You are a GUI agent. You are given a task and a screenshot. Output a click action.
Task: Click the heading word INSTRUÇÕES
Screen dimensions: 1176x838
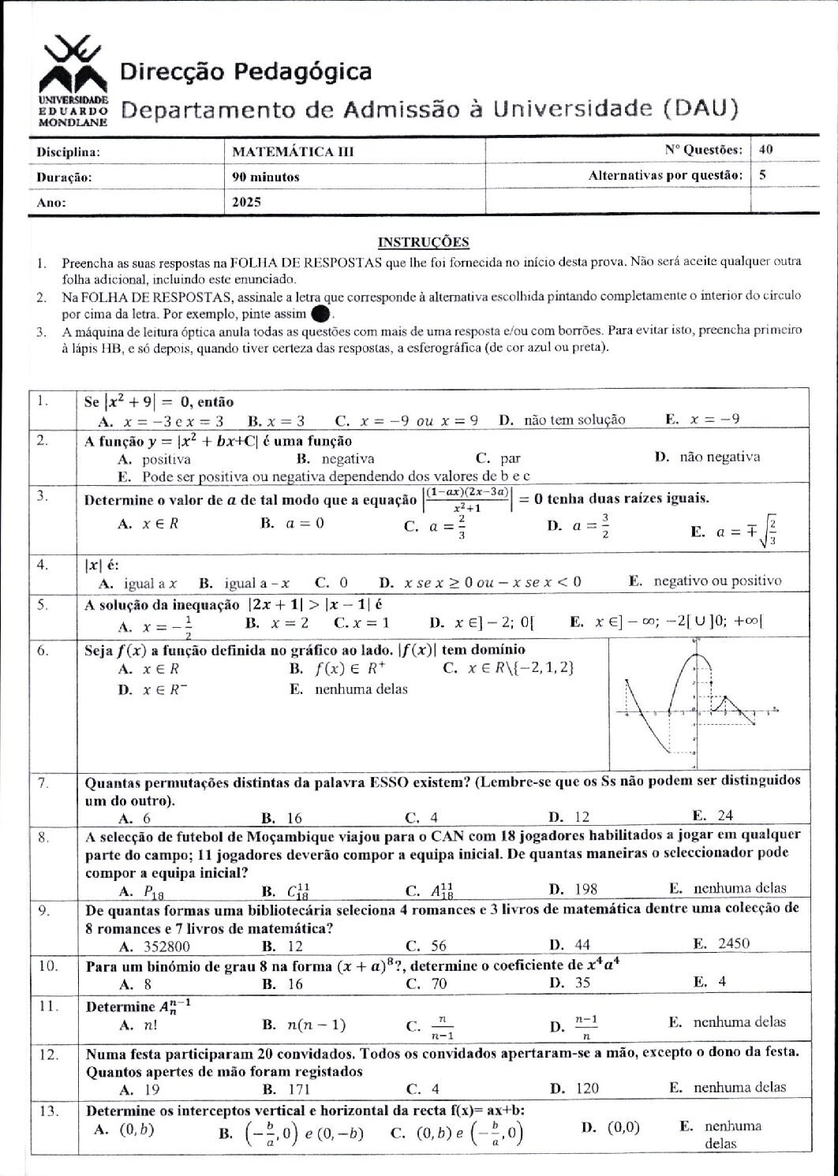(424, 242)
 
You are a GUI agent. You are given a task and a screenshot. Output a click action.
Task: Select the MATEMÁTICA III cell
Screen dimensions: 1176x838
(293, 152)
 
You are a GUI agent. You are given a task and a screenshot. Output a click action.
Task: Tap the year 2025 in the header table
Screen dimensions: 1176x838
(246, 202)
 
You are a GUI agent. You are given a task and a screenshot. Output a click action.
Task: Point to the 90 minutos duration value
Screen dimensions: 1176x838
(266, 177)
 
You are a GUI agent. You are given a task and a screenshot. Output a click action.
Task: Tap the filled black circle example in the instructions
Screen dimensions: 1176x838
(320, 314)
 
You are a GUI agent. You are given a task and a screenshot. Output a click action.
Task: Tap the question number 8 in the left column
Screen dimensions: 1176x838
(45, 834)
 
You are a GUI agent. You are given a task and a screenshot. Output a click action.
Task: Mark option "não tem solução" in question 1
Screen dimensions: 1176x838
(574, 420)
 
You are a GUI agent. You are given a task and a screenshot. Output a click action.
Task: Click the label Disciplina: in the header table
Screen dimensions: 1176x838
(68, 152)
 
